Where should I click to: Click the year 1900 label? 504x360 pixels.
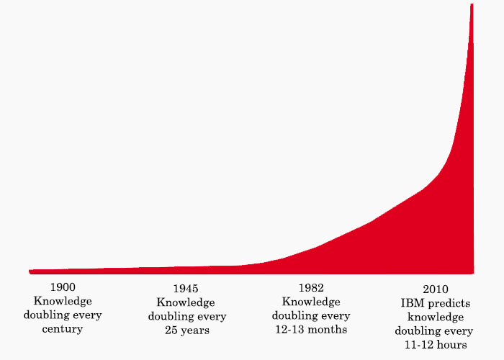point(63,287)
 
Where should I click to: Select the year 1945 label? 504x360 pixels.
point(186,289)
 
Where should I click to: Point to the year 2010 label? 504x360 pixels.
point(433,289)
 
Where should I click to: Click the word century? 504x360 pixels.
point(63,328)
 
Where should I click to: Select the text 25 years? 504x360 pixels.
point(186,330)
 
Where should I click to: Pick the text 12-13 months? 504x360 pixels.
point(311,330)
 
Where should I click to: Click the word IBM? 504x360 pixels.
point(413,303)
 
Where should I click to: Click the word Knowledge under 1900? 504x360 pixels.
point(63,301)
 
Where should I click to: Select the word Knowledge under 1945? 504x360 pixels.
point(186,302)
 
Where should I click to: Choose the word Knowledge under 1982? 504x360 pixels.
point(311,302)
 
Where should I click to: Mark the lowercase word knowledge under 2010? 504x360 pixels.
point(433,317)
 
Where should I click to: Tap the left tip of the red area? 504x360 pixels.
point(30,271)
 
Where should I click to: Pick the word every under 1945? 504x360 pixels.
point(212,317)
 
